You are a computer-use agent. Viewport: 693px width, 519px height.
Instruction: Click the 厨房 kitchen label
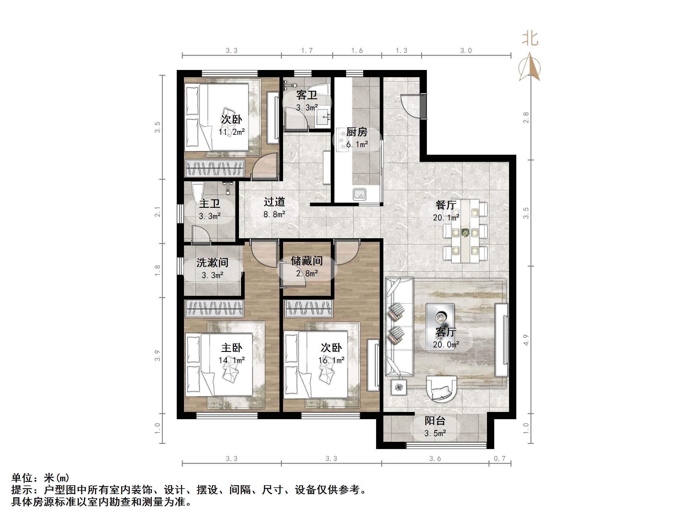click(x=356, y=132)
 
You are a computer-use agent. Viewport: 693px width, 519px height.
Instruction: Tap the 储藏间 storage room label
click(x=307, y=261)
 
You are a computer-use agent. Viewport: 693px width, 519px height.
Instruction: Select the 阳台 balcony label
click(x=435, y=421)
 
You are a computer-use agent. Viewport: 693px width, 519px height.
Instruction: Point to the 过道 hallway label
click(x=274, y=202)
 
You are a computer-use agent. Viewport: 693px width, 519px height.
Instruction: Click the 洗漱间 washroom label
click(x=212, y=262)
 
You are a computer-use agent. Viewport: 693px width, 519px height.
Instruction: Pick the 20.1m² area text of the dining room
click(x=446, y=217)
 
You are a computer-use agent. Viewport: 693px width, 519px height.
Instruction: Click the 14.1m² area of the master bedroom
click(x=231, y=360)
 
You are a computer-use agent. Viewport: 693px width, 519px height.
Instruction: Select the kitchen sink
click(x=360, y=194)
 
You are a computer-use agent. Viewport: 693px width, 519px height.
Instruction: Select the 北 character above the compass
click(x=530, y=39)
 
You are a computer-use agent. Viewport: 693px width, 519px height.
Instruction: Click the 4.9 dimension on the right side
click(x=526, y=340)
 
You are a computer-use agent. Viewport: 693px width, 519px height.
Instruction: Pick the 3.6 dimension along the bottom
click(x=435, y=459)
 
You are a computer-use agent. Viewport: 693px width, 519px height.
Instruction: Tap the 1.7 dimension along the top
click(x=307, y=51)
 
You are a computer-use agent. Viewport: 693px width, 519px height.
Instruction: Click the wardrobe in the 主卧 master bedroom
click(x=214, y=309)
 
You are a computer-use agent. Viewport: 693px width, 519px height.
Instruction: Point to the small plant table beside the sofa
click(x=399, y=387)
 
